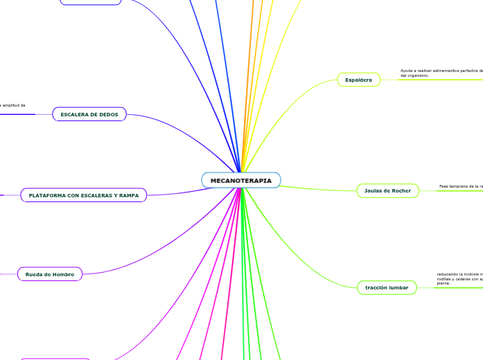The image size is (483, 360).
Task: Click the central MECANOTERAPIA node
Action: coord(241,180)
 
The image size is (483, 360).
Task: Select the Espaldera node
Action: coord(359,80)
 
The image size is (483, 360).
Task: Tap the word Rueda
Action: coord(35,275)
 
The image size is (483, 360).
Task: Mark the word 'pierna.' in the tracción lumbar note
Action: coord(444,283)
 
